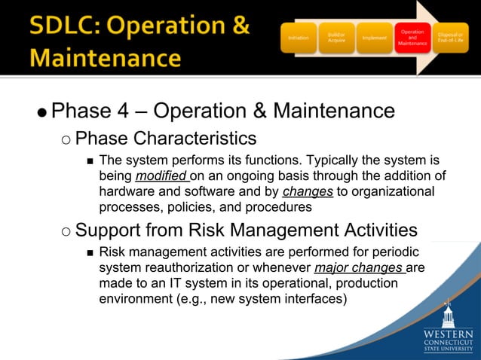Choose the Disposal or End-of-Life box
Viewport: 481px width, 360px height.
(455, 37)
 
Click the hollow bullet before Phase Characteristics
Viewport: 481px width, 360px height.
(66, 139)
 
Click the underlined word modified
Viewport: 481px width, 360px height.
(161, 176)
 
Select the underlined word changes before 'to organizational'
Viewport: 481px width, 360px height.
(307, 191)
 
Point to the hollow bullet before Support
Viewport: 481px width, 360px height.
(66, 231)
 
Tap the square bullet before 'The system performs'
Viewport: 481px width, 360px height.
(90, 161)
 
